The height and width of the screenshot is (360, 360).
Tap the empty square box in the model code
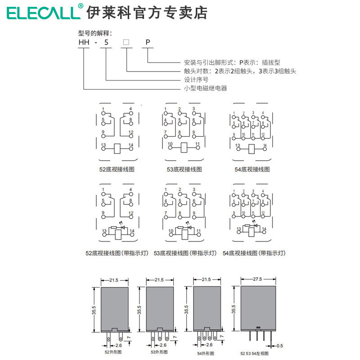point(126,43)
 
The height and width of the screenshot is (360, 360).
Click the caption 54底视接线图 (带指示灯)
point(254,253)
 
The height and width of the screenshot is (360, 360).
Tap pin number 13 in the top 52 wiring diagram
point(103,145)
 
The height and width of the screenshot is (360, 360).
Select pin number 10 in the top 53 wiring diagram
point(170,144)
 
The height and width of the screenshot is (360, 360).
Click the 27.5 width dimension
point(257,279)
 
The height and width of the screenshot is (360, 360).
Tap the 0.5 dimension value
point(280,346)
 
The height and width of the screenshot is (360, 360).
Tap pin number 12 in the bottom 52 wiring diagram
point(131,213)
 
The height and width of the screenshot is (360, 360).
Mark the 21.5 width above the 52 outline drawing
point(113,280)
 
